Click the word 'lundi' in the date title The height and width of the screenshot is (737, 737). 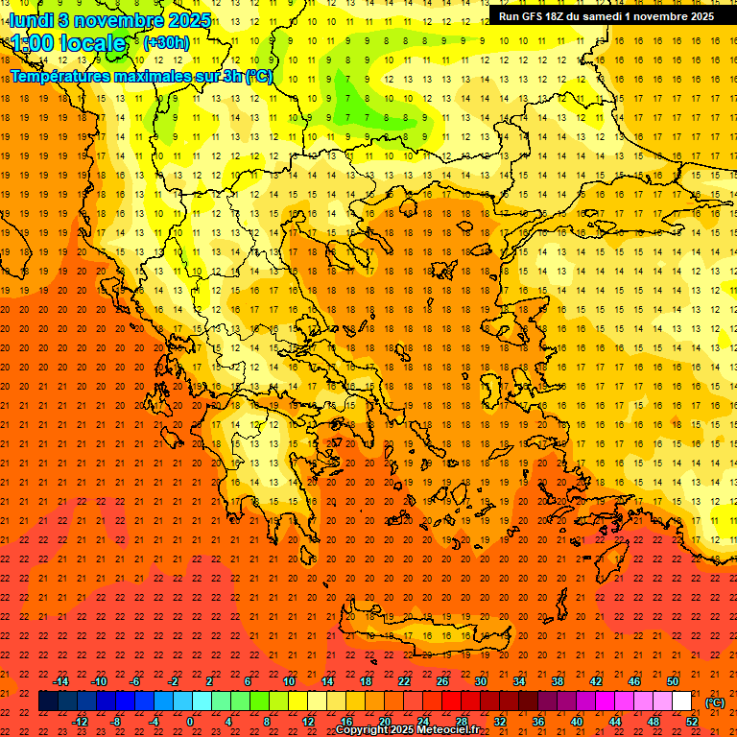32,19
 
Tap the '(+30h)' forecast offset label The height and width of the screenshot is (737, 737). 166,43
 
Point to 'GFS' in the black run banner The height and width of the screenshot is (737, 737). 535,16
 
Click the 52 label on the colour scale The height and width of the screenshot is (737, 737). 692,722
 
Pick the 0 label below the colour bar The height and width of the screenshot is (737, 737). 191,722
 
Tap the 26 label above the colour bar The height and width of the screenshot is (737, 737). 441,681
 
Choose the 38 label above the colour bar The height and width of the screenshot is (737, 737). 557,681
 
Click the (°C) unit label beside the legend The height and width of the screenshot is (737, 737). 715,702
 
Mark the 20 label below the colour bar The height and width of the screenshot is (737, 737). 384,722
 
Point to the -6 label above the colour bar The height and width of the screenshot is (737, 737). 135,681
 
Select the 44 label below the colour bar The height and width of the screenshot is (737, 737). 615,722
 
